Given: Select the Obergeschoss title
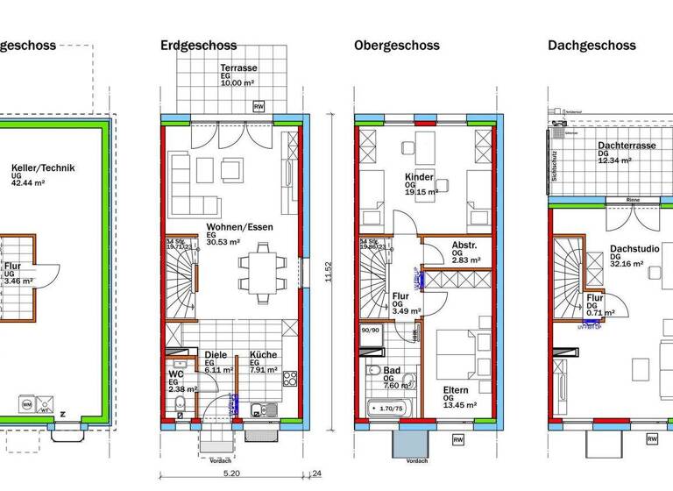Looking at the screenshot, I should [396, 46].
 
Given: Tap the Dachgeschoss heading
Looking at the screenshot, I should [593, 46].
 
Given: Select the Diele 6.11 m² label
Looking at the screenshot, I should [217, 361].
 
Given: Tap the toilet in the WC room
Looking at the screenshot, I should [179, 404].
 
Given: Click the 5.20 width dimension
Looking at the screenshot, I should [231, 474].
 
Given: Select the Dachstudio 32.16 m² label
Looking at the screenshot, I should [634, 254].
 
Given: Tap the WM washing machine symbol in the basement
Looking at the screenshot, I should [26, 404].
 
